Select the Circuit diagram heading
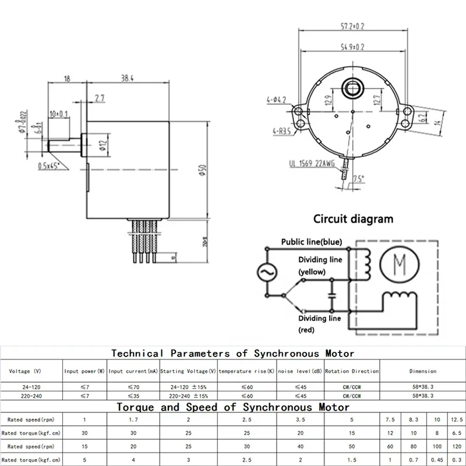click(x=353, y=220)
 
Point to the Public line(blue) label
click(x=312, y=242)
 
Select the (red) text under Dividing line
click(x=306, y=330)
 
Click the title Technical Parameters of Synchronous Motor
click(x=232, y=353)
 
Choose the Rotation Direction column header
click(x=352, y=371)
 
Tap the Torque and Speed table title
click(x=233, y=407)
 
